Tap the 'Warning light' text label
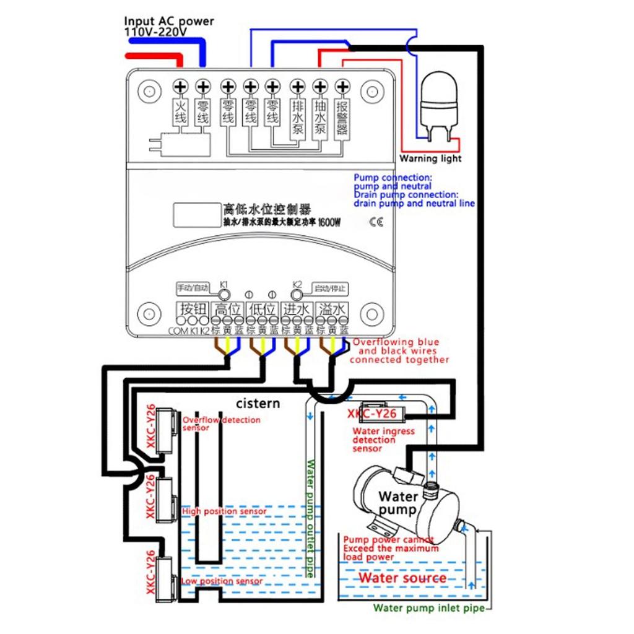coord(430,158)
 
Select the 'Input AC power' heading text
coord(169,21)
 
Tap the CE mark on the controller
coord(376,222)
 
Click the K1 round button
coord(224,294)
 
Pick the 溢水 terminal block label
coord(332,309)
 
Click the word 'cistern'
coord(258,404)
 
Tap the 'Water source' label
coord(402,578)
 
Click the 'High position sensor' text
coord(224,511)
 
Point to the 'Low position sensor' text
coord(222,581)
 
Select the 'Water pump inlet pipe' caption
coord(428,608)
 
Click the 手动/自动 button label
coord(192,288)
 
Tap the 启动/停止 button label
coord(330,288)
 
